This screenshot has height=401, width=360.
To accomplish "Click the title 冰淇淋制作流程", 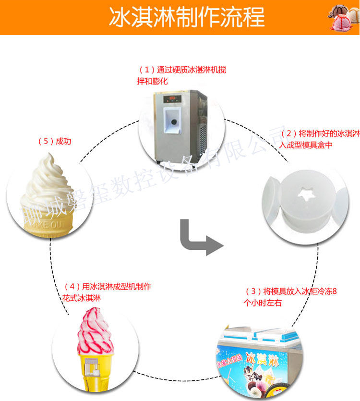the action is point(187,18).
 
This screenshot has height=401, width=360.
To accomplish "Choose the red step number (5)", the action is point(45,141).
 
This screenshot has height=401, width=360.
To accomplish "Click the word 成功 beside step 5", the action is point(63,141).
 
